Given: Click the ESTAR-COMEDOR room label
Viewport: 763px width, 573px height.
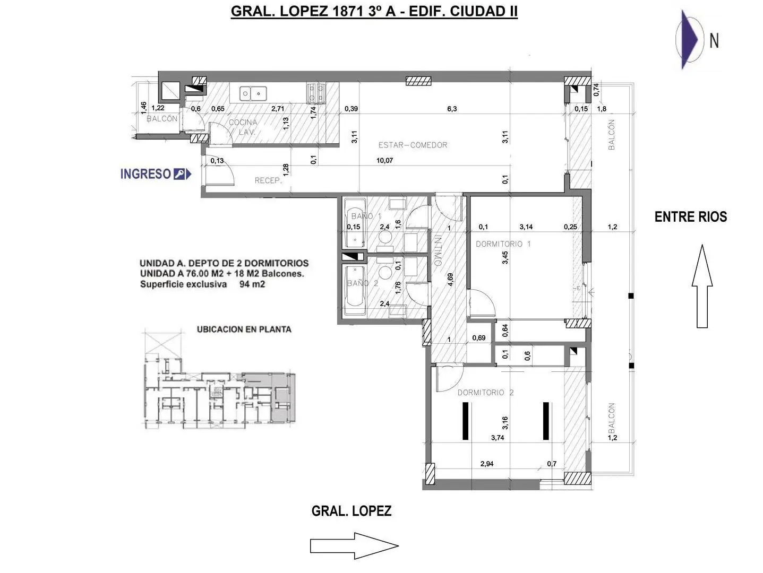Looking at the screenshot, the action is coord(413,145).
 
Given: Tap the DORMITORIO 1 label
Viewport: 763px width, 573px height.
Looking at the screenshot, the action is coord(503,244).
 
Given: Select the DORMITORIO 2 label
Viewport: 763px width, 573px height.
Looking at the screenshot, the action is coord(485,393).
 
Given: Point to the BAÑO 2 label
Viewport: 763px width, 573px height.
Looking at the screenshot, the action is coord(363,283).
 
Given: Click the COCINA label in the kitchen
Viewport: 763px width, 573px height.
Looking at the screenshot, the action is coord(243,122).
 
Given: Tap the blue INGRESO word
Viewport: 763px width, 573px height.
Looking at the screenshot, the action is coord(145,174).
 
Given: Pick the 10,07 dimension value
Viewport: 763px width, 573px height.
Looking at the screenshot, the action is coord(384,160).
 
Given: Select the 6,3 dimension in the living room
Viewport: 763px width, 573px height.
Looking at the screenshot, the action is coord(452,109).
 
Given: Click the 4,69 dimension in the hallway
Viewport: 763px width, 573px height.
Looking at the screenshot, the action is coord(450,280).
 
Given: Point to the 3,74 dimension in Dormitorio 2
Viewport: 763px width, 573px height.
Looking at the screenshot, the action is coord(498,438).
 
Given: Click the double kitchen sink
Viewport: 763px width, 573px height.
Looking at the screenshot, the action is coord(253,93).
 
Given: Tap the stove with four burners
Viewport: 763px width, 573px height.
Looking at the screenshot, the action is coord(315,93).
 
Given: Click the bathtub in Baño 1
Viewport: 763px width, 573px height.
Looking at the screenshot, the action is coord(355,223).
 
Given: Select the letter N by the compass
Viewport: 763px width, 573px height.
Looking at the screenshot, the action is coord(714,41).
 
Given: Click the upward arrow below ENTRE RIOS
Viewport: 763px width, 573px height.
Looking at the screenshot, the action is coord(702,286).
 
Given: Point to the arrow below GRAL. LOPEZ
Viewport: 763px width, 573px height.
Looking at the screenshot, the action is coord(354,546).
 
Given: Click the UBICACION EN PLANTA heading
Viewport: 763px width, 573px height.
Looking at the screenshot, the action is coord(244,329).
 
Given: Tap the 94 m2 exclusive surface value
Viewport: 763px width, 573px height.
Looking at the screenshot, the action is coord(252,284).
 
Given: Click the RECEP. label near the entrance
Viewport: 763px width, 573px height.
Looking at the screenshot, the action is coord(268,180).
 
